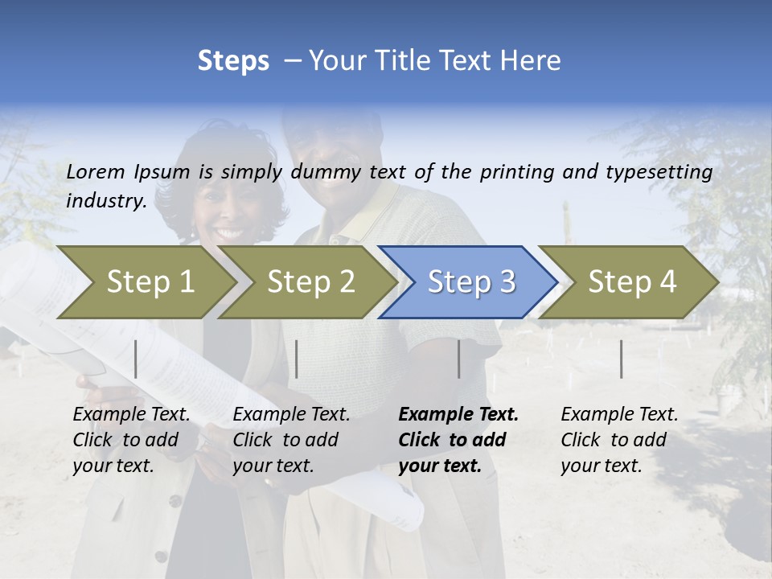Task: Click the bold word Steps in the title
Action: coord(233,61)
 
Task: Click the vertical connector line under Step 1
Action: coord(136,359)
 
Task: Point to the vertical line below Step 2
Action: coord(297,359)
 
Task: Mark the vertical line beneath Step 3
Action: coord(459,359)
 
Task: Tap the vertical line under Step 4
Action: coord(621,359)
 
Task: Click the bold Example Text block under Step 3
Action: coord(458,440)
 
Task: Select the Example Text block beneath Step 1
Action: coord(131,440)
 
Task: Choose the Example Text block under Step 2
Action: coord(291,440)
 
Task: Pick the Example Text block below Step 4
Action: coord(619,440)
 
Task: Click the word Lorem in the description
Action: coord(96,171)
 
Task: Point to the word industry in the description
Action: coord(105,200)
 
